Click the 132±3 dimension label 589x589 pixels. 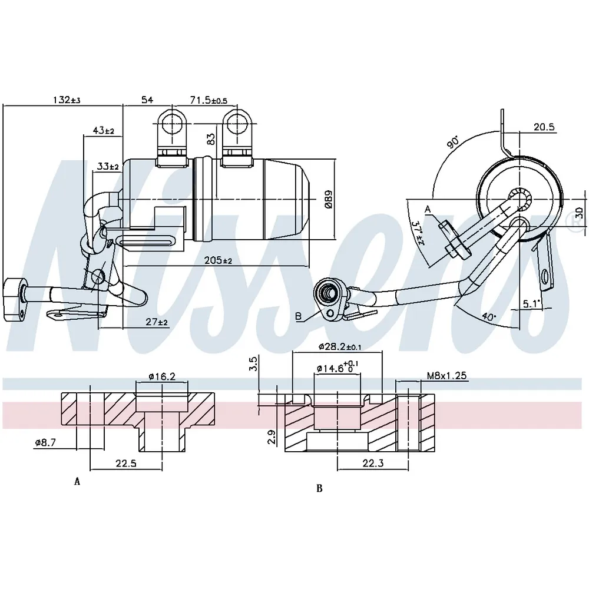pyautogui.click(x=67, y=100)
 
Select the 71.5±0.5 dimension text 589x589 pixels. pyautogui.click(x=209, y=100)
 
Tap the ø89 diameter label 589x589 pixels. pyautogui.click(x=328, y=200)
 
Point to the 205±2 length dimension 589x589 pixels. pyautogui.click(x=218, y=260)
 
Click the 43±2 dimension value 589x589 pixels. pyautogui.click(x=103, y=130)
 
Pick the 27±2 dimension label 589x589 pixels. pyautogui.click(x=157, y=322)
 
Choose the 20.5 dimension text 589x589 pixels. pyautogui.click(x=544, y=127)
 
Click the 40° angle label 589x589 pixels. pyautogui.click(x=488, y=317)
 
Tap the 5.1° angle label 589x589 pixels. pyautogui.click(x=531, y=303)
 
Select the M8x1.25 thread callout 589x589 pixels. pyautogui.click(x=446, y=375)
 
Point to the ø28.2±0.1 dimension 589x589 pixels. pyautogui.click(x=340, y=347)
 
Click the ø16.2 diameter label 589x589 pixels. pyautogui.click(x=162, y=376)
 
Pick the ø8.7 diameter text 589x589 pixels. pyautogui.click(x=45, y=442)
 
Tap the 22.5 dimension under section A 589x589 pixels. pyautogui.click(x=126, y=463)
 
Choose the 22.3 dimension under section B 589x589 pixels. pyautogui.click(x=373, y=463)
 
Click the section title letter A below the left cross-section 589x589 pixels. pyautogui.click(x=77, y=481)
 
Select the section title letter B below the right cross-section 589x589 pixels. pyautogui.click(x=319, y=488)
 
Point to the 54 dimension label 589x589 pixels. pyautogui.click(x=147, y=100)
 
